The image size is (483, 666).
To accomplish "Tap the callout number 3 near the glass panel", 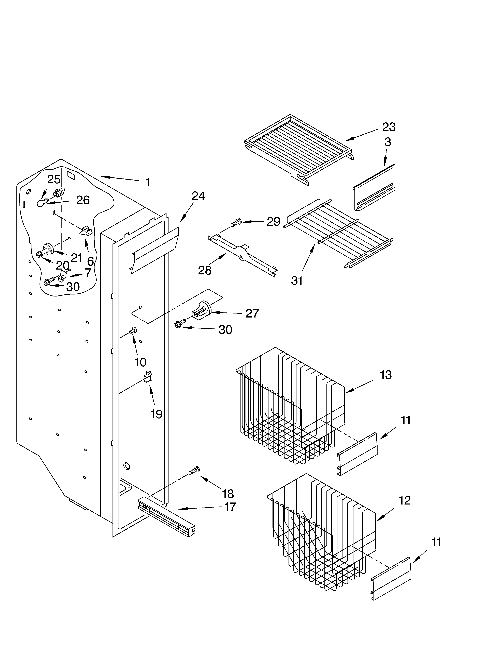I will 388,142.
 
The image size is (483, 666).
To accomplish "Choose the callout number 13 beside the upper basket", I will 386,375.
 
